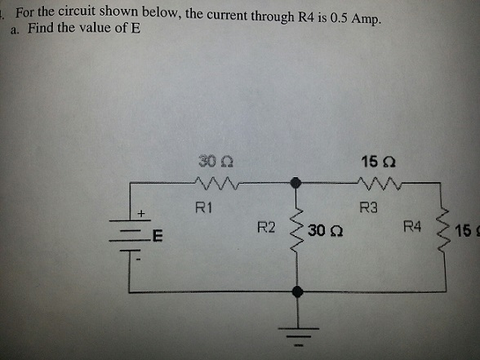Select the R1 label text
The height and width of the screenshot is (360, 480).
point(204,207)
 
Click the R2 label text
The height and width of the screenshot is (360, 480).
point(266,227)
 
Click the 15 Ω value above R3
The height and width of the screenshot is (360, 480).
point(373,160)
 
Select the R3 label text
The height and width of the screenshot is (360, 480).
point(369,207)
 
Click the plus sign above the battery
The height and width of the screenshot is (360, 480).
point(140,213)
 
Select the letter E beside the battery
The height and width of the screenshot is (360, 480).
point(158,238)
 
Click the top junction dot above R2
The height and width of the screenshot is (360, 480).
point(299,184)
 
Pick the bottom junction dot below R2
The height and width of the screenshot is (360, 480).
point(299,290)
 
